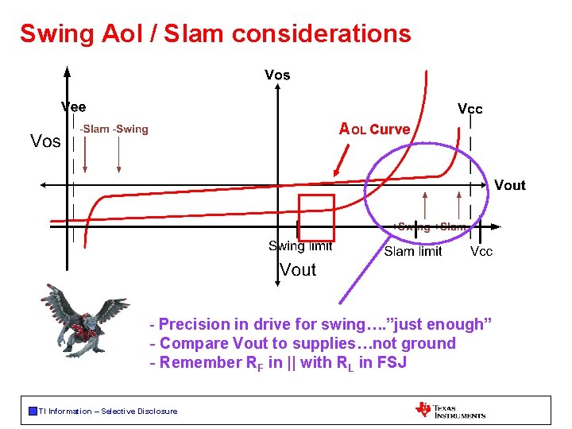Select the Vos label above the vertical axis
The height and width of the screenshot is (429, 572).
click(277, 75)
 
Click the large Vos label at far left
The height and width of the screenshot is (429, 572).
click(45, 141)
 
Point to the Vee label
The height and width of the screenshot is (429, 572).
click(74, 106)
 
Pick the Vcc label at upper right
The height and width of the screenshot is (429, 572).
click(470, 109)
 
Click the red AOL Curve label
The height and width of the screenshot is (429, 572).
click(375, 129)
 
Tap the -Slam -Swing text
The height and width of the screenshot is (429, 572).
click(114, 129)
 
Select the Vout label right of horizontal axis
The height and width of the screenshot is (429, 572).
click(509, 185)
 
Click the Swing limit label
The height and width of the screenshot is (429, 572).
click(300, 246)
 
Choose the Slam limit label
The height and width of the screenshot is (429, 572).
click(413, 251)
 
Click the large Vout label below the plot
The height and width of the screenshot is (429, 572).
click(298, 270)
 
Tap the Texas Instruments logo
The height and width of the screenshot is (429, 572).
click(450, 410)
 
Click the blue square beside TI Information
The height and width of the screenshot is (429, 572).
click(33, 411)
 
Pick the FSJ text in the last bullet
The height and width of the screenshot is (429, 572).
click(394, 363)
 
